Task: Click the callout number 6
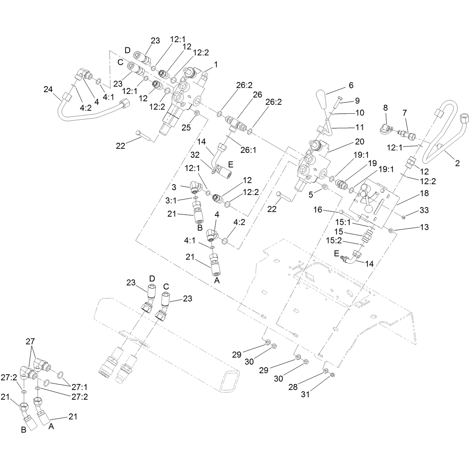point(351,85)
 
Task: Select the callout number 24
point(48,89)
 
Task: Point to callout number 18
point(424,193)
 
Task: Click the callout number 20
point(360,141)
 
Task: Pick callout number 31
point(305,394)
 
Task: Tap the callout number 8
point(385,108)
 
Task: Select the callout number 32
point(195,155)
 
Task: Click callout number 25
point(186,128)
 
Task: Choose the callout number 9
point(357,100)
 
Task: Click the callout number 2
point(457,163)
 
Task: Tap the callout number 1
point(215,64)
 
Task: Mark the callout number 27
point(31,341)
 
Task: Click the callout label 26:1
point(249,150)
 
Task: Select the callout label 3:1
point(171,201)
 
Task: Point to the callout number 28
point(293,387)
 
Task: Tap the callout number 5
point(311,195)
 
